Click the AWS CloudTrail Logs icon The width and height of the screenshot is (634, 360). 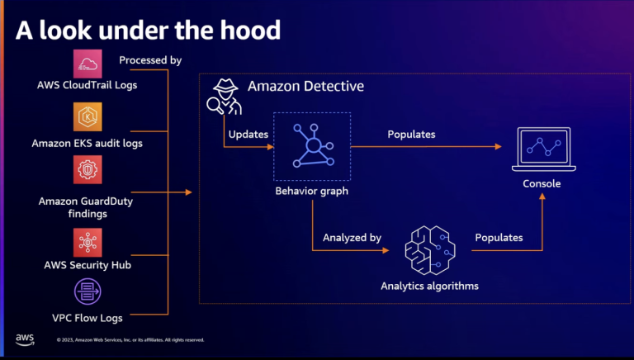coord(88,64)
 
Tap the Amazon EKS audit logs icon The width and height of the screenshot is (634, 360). coord(88,118)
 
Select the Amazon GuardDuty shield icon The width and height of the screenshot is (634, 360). coord(88,174)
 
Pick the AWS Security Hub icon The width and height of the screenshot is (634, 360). coord(88,242)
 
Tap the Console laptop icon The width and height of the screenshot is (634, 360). coord(542,149)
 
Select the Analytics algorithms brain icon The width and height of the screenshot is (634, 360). coord(429,250)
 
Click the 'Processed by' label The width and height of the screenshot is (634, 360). coord(150,60)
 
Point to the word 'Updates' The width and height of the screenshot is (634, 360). coord(248,134)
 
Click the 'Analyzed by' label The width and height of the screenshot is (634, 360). coord(352,238)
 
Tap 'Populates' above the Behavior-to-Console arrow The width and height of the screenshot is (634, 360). coord(411,134)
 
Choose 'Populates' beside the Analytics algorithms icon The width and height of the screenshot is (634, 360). coord(499,238)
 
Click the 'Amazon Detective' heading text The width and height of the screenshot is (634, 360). coord(305,86)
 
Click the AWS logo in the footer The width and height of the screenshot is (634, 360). coord(24,339)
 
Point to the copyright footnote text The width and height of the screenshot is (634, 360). coord(130,339)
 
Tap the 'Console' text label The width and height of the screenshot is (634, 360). coord(542,183)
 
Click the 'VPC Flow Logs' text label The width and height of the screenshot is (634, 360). coord(88,318)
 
